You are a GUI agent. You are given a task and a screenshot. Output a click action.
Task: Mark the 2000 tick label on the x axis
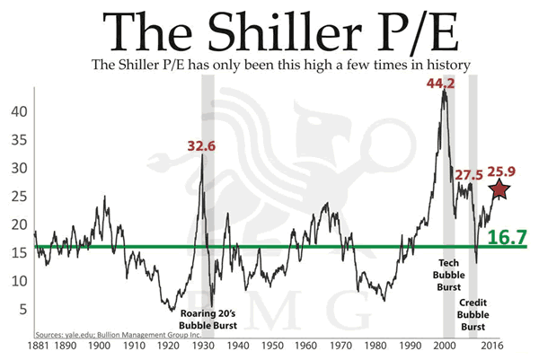(x=446, y=345)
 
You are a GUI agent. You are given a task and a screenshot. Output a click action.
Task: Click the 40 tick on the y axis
(x=18, y=112)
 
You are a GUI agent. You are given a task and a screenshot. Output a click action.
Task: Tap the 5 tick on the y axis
(x=22, y=308)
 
